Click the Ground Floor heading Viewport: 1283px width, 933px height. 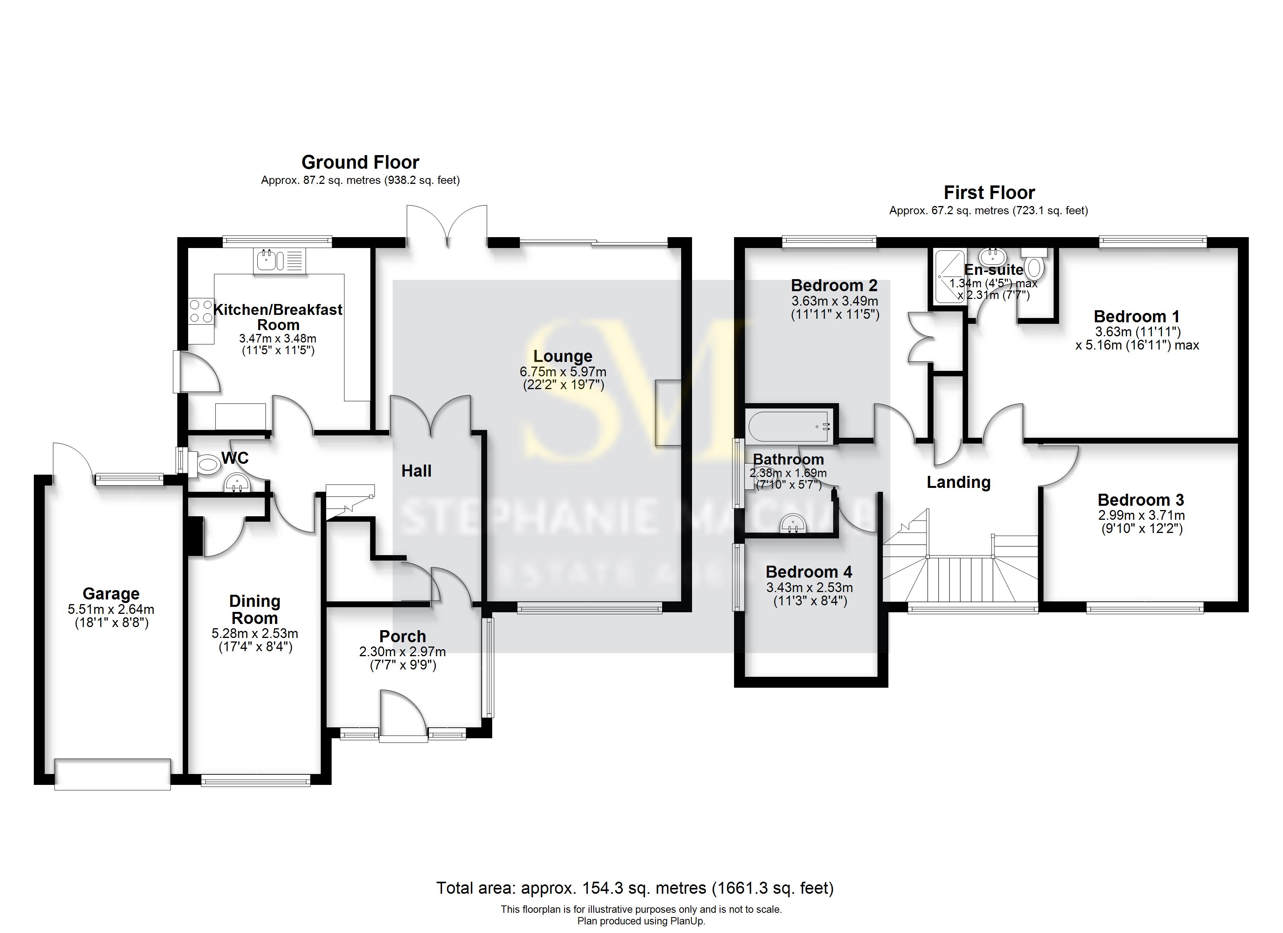pos(360,162)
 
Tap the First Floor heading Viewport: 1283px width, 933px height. pos(989,193)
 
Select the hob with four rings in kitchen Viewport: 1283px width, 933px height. pos(201,311)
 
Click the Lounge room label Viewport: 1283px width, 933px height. pos(563,356)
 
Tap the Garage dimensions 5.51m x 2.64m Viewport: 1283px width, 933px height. pos(111,609)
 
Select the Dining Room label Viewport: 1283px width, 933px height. pos(255,609)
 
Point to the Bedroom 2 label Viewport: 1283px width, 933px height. pos(834,285)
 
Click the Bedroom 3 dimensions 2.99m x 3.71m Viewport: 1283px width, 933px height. pos(1141,515)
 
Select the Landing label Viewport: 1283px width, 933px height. pos(958,482)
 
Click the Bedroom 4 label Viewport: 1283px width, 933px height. pos(809,572)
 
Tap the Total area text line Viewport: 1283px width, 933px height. pos(635,888)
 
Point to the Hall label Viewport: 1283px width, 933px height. pos(416,471)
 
